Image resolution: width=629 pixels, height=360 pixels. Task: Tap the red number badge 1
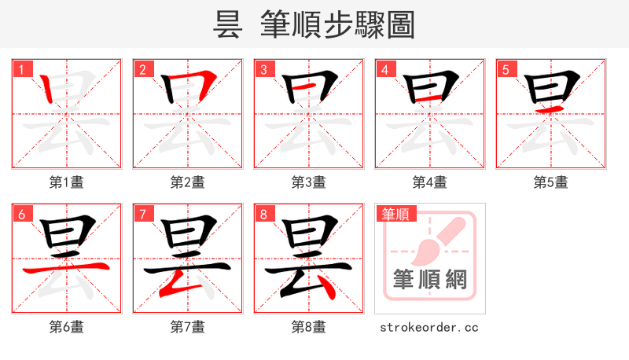(21, 69)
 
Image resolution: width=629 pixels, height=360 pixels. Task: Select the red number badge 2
(142, 69)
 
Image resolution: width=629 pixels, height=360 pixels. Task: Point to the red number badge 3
(263, 69)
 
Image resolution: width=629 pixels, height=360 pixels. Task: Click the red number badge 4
(384, 69)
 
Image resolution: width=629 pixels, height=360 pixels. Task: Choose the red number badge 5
(506, 69)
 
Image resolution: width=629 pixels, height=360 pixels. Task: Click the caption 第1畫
(67, 182)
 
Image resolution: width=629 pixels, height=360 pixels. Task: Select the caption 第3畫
(309, 182)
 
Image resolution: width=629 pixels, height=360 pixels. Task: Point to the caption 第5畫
(551, 182)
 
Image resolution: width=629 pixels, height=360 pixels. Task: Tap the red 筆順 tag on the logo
(395, 213)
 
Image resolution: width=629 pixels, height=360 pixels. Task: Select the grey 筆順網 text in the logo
(430, 280)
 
